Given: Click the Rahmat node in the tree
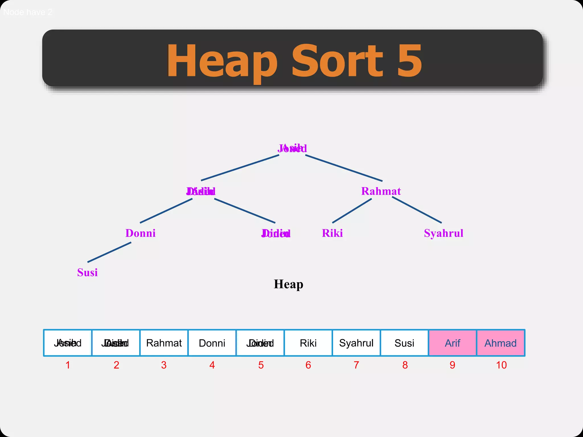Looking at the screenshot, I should (381, 191).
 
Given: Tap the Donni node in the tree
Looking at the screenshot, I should (140, 233).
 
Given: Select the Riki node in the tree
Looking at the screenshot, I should (332, 233).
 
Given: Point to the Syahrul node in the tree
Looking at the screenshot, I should (444, 233).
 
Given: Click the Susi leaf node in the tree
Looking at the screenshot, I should (87, 273).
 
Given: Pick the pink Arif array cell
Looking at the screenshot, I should (452, 343).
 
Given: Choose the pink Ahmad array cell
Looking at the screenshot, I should (500, 343).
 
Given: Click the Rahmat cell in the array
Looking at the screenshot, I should (164, 343).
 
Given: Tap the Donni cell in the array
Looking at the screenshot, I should (212, 343).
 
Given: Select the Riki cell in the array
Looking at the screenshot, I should (308, 343).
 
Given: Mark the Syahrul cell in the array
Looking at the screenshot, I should (356, 343).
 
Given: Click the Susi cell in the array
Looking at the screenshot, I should (404, 343).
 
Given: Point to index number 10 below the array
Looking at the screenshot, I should (501, 365).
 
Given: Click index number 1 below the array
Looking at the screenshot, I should (68, 365).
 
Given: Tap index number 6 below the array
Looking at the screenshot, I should (308, 365).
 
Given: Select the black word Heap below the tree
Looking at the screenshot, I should (288, 284).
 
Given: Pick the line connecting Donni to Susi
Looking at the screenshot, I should (109, 252).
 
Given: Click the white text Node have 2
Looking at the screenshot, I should (28, 12).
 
